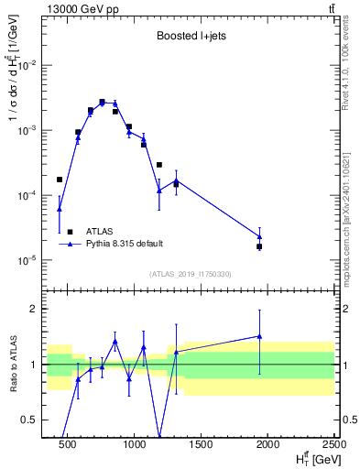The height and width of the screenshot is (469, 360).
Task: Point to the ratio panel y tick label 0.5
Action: tap(28, 420)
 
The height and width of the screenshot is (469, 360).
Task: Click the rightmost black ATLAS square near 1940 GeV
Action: tap(259, 246)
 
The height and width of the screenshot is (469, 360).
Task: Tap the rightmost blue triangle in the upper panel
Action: tap(259, 236)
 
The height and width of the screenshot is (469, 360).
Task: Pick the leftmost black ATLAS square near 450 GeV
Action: tap(60, 180)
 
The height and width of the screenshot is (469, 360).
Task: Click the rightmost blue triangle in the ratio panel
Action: tap(259, 336)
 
